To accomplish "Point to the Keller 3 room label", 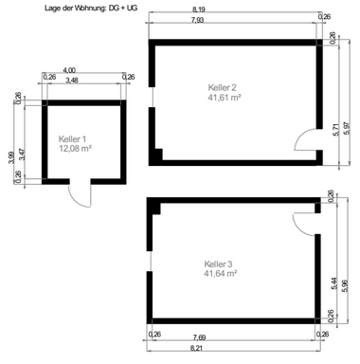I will pyautogui.click(x=219, y=263).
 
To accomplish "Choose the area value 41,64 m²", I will pyautogui.click(x=219, y=273).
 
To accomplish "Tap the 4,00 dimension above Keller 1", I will pyautogui.click(x=69, y=70).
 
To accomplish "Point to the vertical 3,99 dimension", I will pyautogui.click(x=9, y=158).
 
